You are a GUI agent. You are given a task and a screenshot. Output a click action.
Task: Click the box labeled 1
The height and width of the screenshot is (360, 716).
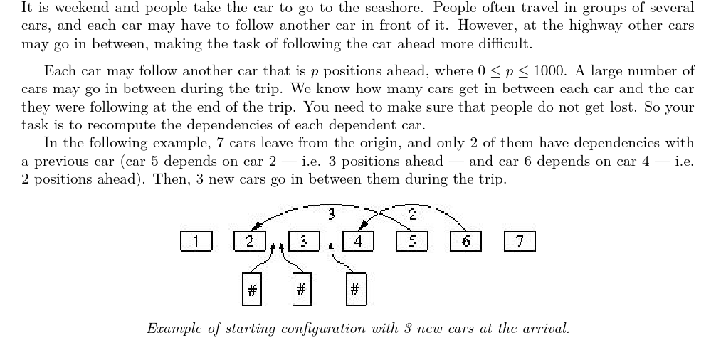pyautogui.click(x=196, y=242)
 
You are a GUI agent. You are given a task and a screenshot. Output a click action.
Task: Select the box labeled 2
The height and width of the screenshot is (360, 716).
pyautogui.click(x=250, y=242)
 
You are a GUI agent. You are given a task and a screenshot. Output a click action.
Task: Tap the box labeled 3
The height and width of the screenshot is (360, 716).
pyautogui.click(x=303, y=242)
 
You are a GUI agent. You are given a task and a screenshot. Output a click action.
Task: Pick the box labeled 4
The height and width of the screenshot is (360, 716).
pyautogui.click(x=358, y=242)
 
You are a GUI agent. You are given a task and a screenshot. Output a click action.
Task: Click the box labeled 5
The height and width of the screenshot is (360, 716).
pyautogui.click(x=412, y=242)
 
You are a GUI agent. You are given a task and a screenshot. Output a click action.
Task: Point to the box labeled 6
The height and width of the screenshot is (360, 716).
pyautogui.click(x=466, y=242)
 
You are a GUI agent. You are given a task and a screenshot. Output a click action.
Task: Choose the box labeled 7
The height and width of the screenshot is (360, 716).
pyautogui.click(x=520, y=242)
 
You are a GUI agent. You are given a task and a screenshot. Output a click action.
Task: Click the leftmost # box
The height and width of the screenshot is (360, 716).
pyautogui.click(x=251, y=290)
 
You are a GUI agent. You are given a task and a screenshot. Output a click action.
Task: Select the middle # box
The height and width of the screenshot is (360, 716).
pyautogui.click(x=301, y=290)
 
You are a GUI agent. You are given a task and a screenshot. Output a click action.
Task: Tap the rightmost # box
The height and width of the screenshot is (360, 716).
pyautogui.click(x=355, y=290)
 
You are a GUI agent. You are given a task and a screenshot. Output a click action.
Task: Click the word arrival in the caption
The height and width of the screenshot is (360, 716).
pyautogui.click(x=547, y=329)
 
